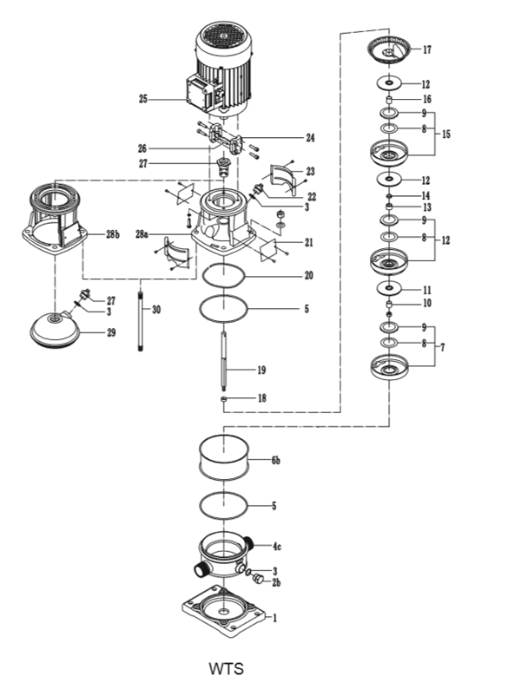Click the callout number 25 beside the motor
click(143, 100)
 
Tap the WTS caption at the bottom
click(226, 669)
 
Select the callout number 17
click(426, 49)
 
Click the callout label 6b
click(275, 461)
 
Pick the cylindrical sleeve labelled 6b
click(225, 455)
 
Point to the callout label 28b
click(112, 234)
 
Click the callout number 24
click(310, 137)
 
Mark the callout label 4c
click(277, 547)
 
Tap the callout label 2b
click(276, 583)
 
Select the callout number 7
click(442, 347)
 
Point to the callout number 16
click(426, 100)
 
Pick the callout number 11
click(426, 290)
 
